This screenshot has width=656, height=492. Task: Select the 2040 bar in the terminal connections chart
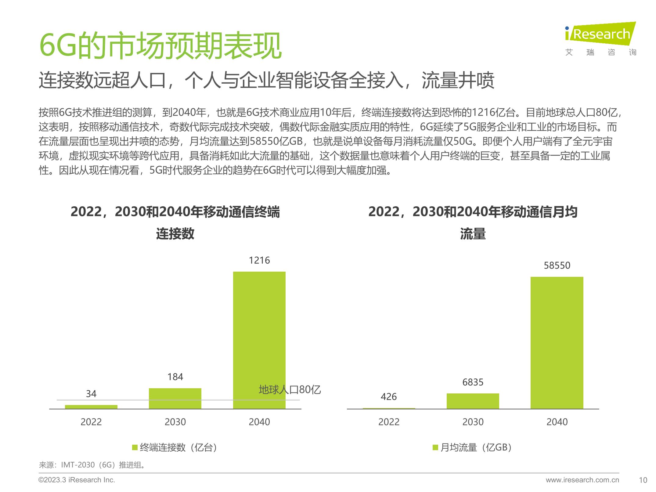(x=259, y=336)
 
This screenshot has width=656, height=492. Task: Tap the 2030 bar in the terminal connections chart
(x=175, y=398)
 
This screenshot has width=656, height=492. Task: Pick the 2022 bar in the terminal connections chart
(x=91, y=407)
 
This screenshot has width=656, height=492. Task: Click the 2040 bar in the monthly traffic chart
(x=557, y=342)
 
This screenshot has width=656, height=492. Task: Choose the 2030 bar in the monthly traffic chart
(x=473, y=401)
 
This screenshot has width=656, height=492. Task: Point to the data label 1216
(x=259, y=260)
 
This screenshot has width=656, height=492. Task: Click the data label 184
(x=175, y=377)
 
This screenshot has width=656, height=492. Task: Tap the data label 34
(x=91, y=394)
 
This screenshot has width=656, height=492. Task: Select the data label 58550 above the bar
(x=557, y=266)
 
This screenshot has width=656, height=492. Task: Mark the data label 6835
(x=473, y=382)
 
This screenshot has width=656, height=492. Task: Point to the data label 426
(x=388, y=397)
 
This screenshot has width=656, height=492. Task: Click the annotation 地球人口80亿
(x=290, y=390)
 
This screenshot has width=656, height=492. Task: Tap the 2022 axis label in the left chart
(x=91, y=422)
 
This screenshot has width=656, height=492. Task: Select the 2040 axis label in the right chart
(x=557, y=422)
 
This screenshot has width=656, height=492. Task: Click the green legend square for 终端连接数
(x=135, y=447)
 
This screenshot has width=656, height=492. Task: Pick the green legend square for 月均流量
(x=435, y=447)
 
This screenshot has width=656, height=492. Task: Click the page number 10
(x=643, y=480)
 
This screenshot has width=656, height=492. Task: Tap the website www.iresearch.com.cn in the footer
(x=582, y=480)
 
